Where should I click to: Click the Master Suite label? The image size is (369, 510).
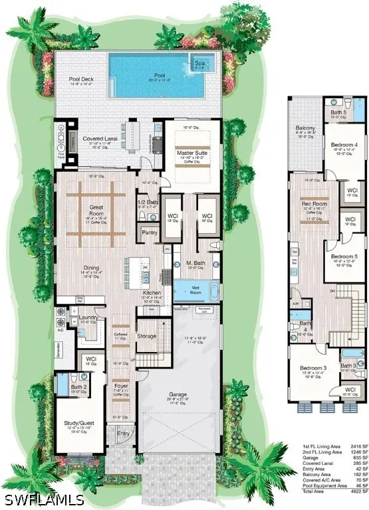[x=189, y=153]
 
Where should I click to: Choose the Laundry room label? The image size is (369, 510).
[x=88, y=318]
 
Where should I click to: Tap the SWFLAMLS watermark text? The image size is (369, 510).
[x=42, y=497]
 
